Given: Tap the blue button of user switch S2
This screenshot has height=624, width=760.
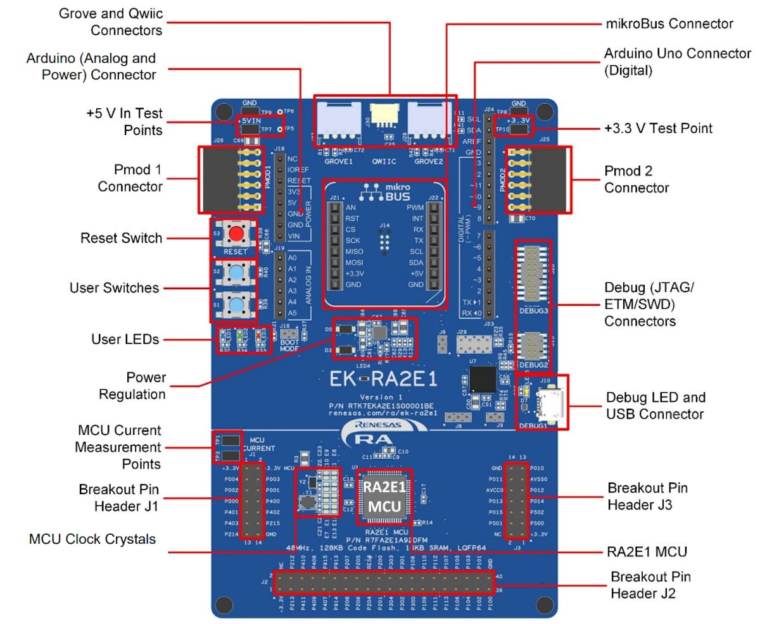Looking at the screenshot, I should click(236, 273).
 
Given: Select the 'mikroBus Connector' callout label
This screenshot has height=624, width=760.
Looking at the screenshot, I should click(669, 24).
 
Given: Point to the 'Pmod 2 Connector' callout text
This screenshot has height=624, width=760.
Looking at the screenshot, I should click(636, 180).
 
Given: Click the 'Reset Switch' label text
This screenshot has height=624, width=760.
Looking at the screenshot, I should click(121, 239).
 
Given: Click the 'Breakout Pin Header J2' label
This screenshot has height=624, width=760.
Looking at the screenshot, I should click(650, 585).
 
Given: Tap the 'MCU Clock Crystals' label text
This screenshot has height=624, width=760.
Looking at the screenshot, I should click(92, 539).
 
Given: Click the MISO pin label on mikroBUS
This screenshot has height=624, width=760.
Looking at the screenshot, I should click(355, 251).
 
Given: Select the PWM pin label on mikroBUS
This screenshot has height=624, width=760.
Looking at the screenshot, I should click(415, 207).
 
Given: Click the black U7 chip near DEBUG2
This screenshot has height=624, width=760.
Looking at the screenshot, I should click(483, 379).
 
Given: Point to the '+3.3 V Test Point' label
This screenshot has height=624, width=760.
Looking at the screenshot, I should click(658, 128).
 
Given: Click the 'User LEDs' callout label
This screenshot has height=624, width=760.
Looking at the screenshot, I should click(125, 340).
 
